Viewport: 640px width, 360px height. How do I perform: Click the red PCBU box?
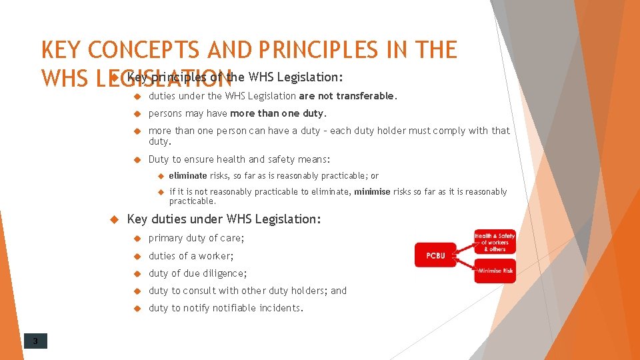(x=435, y=255)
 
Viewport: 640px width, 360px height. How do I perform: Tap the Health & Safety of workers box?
(x=495, y=241)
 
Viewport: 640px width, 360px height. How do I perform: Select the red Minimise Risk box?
(x=495, y=271)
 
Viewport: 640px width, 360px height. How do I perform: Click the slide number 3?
(x=35, y=342)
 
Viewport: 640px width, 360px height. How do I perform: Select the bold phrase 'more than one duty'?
(x=277, y=113)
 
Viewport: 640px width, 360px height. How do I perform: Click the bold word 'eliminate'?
(x=188, y=176)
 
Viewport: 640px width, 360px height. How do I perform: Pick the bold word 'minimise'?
(x=373, y=192)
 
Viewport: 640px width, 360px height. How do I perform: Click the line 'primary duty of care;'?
(x=196, y=238)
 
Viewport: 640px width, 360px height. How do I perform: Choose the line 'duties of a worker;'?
(x=191, y=256)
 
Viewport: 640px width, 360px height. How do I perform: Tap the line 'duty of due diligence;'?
(x=197, y=273)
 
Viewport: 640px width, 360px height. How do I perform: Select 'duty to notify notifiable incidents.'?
(x=225, y=308)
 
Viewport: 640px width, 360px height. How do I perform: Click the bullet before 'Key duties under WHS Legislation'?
(x=113, y=219)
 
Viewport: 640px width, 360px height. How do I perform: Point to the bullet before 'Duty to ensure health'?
(x=136, y=159)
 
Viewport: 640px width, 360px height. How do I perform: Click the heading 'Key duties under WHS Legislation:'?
(x=223, y=219)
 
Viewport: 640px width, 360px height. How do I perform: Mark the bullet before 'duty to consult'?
(x=136, y=291)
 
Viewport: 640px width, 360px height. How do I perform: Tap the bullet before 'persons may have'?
(x=136, y=113)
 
